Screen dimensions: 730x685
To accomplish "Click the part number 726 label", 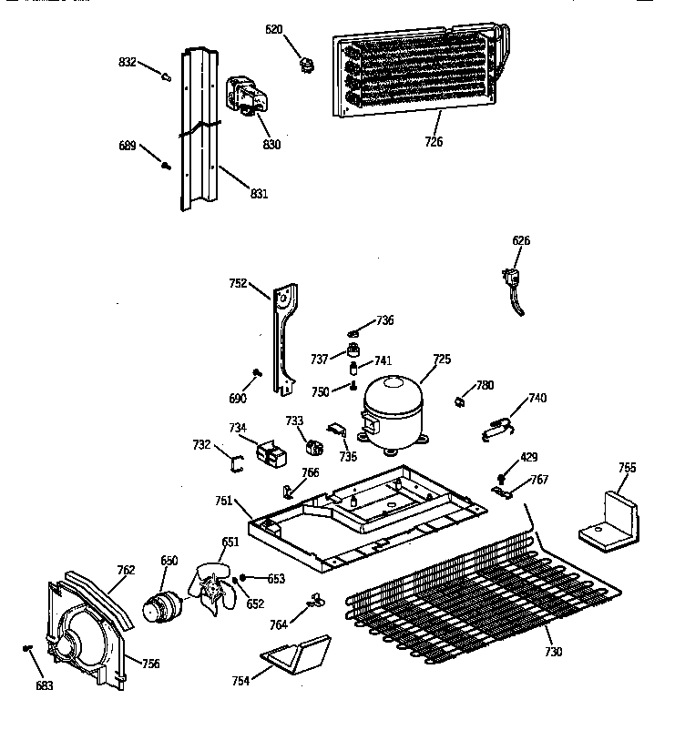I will [433, 141].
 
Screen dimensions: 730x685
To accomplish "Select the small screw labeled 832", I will [166, 77].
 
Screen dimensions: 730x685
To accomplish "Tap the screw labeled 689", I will [166, 164].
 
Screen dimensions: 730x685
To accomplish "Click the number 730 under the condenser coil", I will [553, 652].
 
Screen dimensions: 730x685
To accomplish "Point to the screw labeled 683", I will [28, 648].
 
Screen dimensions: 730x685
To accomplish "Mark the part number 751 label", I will [224, 500].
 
